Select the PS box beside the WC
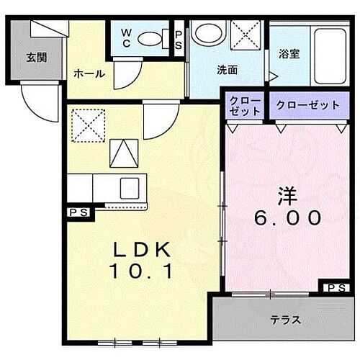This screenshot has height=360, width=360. click(179, 39)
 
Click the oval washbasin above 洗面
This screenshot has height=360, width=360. click(208, 34)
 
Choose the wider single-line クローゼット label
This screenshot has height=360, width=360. click(307, 106)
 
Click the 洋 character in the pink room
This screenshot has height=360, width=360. click(287, 194)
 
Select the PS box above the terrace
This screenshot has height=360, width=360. click(334, 288)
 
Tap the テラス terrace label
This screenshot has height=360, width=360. click(285, 320)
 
